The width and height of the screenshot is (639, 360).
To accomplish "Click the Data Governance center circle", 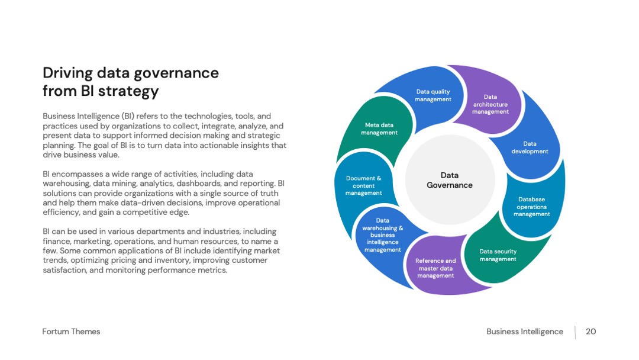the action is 450,180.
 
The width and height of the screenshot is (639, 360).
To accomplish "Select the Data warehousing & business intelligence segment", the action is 382,236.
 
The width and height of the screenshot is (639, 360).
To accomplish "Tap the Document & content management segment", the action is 363,185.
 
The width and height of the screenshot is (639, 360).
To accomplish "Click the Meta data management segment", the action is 379,128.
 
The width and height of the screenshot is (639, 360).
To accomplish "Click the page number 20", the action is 590,332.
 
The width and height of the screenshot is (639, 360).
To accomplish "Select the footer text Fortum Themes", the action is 71,332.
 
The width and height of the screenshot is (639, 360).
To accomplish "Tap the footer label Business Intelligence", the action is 524,332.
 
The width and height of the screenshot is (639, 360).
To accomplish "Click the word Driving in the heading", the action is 67,73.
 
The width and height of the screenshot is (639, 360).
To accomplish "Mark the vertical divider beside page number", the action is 576,332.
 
